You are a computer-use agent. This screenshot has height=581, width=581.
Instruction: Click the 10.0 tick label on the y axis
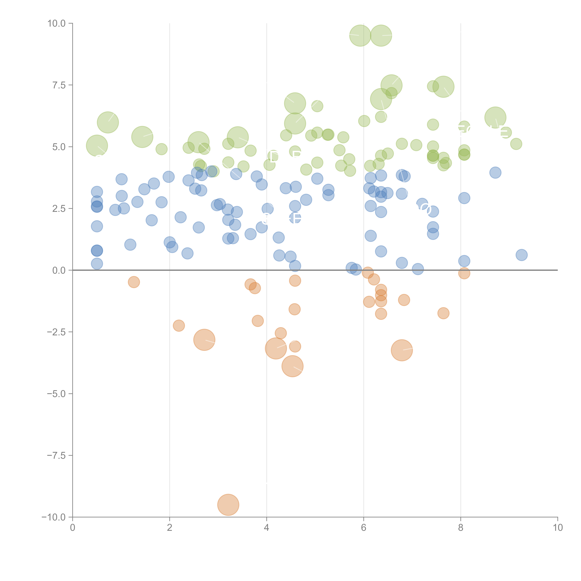coord(57,23)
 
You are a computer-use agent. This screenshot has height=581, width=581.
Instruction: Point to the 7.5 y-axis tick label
coord(59,85)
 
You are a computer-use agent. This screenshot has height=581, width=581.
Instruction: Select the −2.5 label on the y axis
coord(57,332)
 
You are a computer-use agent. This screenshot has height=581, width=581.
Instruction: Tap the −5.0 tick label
coord(57,394)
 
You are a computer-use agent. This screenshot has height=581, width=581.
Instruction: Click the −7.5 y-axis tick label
coord(57,455)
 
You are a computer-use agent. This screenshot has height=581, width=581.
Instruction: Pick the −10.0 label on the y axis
coord(54,517)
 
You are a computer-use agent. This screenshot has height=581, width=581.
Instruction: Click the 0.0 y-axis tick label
coord(59,270)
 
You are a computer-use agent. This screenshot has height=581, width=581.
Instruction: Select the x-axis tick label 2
coord(170,528)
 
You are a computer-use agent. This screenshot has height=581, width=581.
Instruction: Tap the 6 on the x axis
coord(364,528)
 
